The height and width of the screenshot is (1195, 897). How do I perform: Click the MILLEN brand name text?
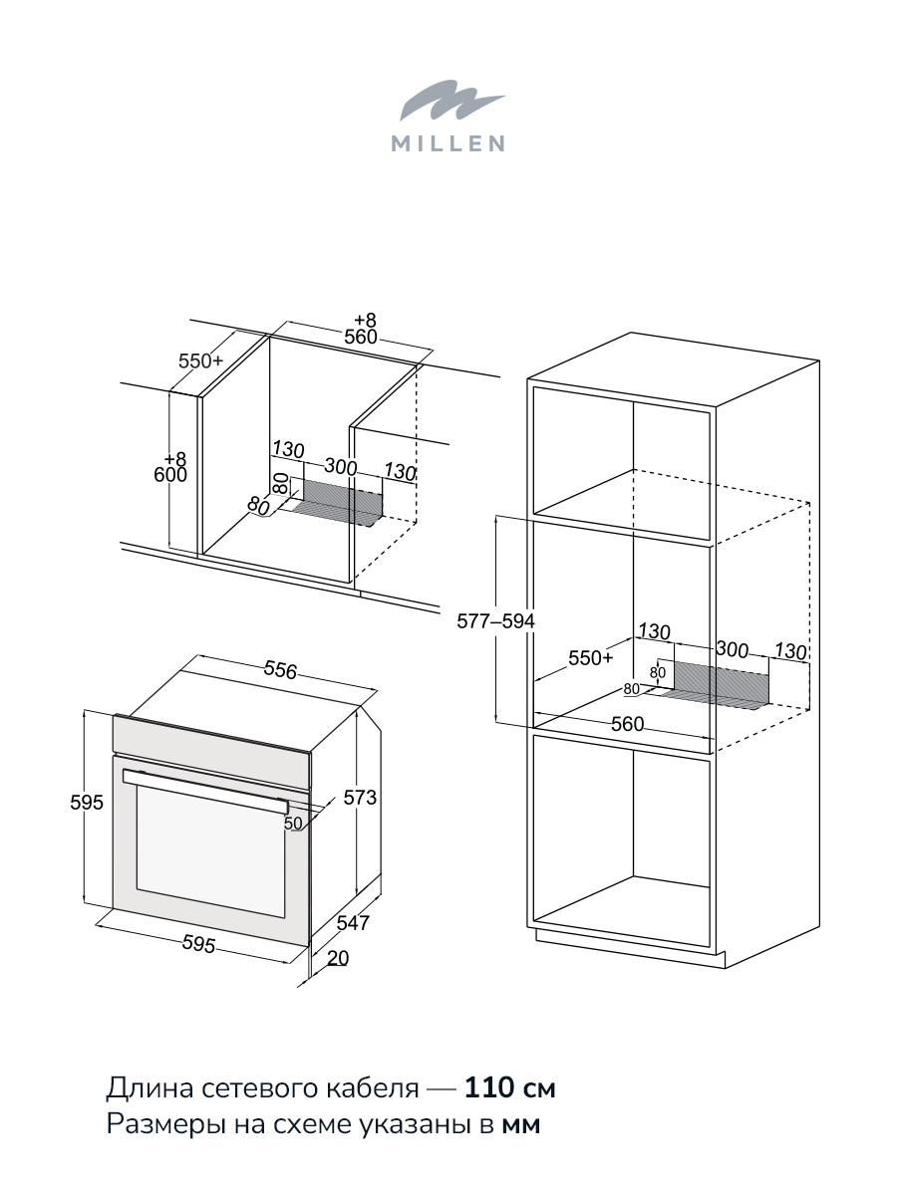[x=448, y=143]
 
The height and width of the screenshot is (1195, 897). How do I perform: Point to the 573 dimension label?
[x=360, y=798]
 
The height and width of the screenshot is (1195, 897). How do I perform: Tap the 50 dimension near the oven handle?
[x=293, y=824]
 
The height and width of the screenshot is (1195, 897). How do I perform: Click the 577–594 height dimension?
[x=495, y=621]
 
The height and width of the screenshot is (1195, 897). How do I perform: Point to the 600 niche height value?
[x=170, y=475]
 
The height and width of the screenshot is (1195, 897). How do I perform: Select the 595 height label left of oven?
[x=87, y=803]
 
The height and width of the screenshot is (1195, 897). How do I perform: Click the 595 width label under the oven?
[x=198, y=944]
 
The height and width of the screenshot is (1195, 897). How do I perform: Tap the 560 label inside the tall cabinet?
[x=628, y=724]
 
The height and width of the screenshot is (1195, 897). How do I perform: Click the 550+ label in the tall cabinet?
[x=591, y=658]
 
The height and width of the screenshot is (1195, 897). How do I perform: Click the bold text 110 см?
[x=509, y=1087]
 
